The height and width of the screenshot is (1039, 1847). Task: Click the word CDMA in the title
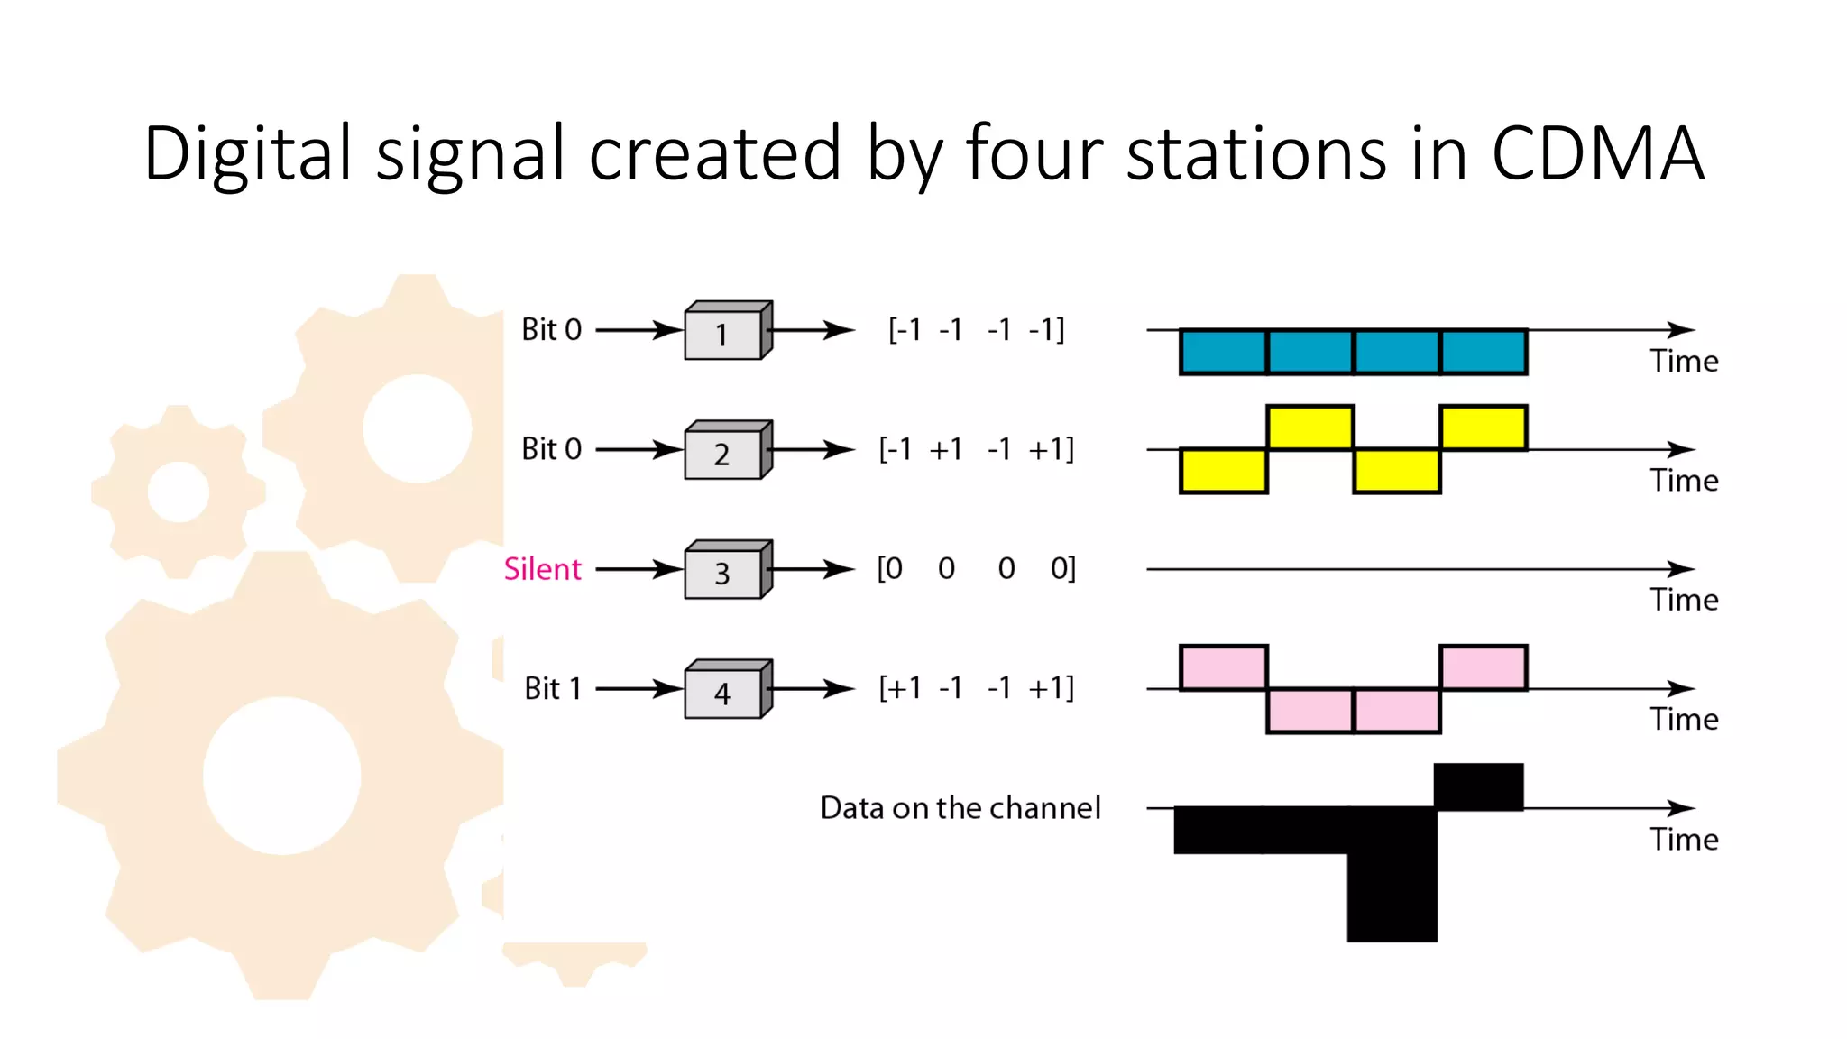tap(1597, 153)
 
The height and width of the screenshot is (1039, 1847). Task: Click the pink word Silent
tap(542, 569)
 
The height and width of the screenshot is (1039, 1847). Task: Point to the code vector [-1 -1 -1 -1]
tap(977, 330)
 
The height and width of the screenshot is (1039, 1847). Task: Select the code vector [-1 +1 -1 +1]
tap(977, 449)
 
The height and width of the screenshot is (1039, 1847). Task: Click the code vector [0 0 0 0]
tap(977, 569)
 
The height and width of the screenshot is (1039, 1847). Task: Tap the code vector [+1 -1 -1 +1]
tap(977, 689)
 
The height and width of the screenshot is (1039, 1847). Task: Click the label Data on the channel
tap(960, 808)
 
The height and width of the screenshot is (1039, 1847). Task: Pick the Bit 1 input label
tap(552, 689)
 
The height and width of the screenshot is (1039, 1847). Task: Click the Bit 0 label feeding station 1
tap(551, 330)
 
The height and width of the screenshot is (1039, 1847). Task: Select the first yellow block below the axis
tap(1224, 471)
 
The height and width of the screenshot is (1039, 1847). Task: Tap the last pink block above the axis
tap(1484, 667)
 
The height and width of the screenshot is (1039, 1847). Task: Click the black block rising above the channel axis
tap(1479, 786)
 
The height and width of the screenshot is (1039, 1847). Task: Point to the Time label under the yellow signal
tap(1684, 481)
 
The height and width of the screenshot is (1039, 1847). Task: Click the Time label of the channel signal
tap(1684, 840)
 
